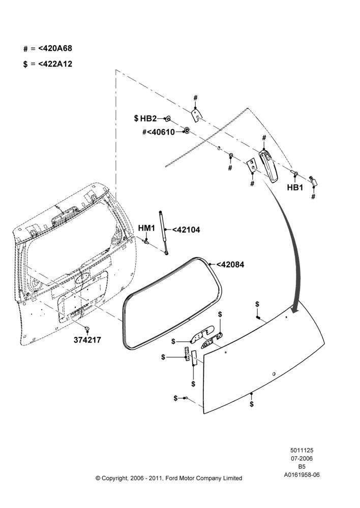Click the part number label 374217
click(x=87, y=340)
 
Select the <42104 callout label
click(x=186, y=230)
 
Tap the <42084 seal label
click(x=230, y=264)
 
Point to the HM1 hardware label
click(x=146, y=228)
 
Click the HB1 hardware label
click(x=295, y=187)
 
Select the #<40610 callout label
click(x=159, y=132)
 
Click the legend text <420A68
click(x=55, y=48)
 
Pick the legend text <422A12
click(x=55, y=64)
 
